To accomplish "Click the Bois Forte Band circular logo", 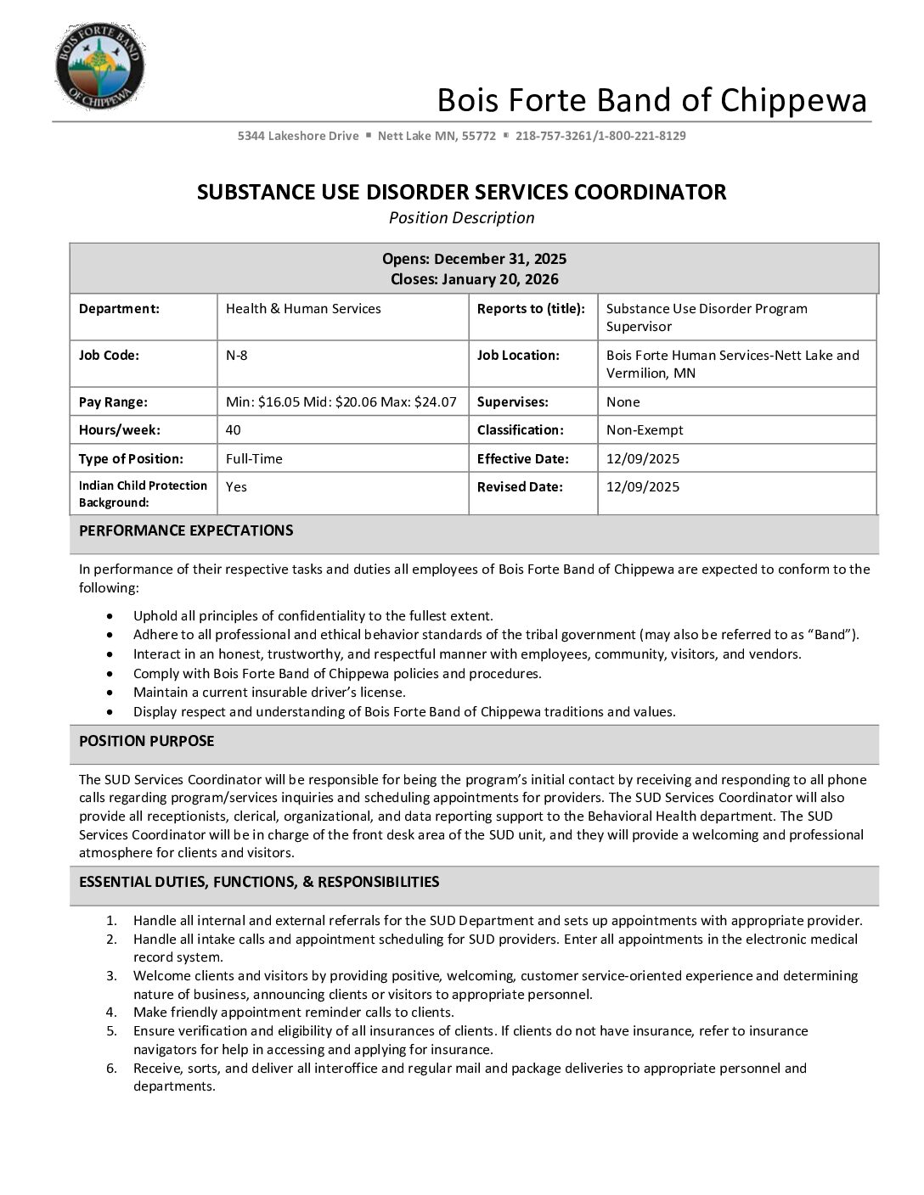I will [x=99, y=66].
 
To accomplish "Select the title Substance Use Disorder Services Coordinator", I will [x=461, y=192].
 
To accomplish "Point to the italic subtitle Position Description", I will [x=461, y=218].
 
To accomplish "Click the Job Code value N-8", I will [x=237, y=356].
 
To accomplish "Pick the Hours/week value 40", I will [x=234, y=430].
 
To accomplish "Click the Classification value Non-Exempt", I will [x=645, y=430].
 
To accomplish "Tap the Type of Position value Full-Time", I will [x=254, y=459].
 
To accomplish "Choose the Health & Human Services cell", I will [x=303, y=309].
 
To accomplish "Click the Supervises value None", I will [x=623, y=402].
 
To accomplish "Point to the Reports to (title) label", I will [x=531, y=309].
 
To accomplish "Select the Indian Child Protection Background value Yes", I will [x=236, y=487].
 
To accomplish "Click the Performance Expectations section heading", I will [x=186, y=530].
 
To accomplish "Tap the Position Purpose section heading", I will [x=146, y=741].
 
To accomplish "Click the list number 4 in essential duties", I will [x=111, y=1013].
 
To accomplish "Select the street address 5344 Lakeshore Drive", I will [x=298, y=136].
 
